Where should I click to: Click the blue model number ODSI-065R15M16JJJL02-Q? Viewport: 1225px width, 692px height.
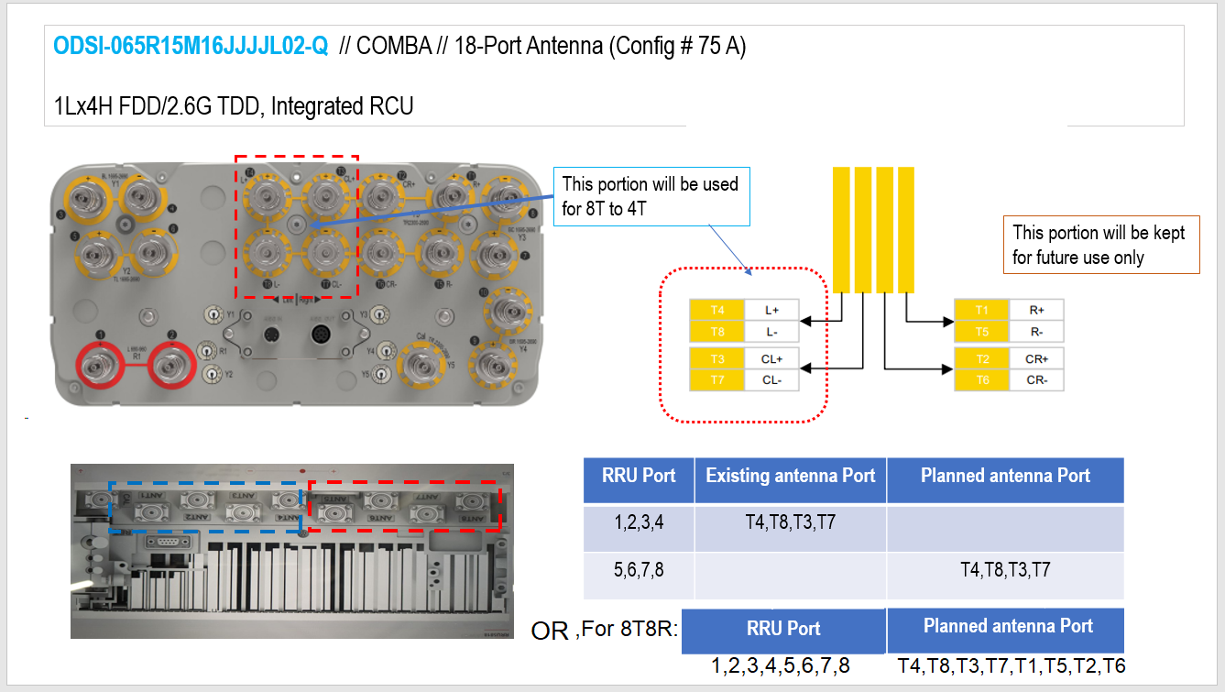coord(191,47)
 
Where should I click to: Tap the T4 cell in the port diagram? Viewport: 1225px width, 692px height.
coord(716,310)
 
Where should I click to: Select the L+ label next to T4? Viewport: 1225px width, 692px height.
coord(771,310)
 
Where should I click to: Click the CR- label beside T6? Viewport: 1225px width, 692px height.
coord(1036,380)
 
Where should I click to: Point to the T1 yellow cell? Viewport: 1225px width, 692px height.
coord(982,310)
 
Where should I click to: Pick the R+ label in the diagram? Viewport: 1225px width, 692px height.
coord(1036,310)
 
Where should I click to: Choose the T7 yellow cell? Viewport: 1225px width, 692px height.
coord(716,380)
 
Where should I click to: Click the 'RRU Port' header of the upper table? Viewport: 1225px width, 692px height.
coord(639,476)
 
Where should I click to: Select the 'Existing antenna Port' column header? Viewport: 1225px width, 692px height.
coord(790,476)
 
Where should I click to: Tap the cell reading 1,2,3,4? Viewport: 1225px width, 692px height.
coord(639,523)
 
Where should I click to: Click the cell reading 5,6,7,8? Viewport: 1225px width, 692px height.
coord(639,570)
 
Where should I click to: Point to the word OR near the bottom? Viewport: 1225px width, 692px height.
coord(550,632)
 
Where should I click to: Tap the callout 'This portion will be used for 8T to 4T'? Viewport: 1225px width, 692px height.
coord(651,196)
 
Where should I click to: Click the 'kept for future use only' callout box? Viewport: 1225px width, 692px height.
coord(1100,245)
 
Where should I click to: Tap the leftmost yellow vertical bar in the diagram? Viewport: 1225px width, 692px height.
coord(842,229)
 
